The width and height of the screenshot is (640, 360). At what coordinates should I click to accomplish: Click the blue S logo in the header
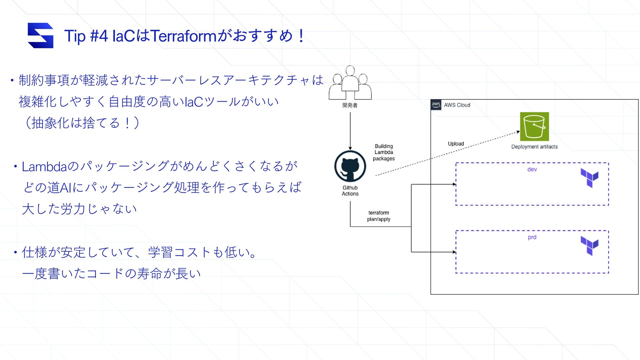(40, 35)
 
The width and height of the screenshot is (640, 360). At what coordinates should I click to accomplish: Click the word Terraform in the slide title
(183, 36)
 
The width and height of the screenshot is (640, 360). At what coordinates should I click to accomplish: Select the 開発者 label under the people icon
(350, 105)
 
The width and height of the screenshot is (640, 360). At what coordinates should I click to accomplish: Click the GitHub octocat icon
(350, 166)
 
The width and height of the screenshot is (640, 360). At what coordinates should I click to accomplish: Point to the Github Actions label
(350, 191)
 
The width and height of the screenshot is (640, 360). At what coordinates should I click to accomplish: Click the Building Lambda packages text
(384, 152)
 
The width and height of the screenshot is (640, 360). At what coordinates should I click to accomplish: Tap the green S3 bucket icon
(534, 127)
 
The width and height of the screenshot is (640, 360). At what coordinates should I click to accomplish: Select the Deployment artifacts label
(534, 147)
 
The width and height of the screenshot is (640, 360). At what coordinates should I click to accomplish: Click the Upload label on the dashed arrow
(456, 144)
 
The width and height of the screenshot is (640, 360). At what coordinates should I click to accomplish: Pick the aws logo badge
(436, 105)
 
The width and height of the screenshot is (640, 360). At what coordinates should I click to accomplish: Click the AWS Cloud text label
(457, 105)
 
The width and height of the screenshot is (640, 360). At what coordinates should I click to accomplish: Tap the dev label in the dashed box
(532, 169)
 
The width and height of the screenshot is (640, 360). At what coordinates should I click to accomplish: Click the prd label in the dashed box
(532, 237)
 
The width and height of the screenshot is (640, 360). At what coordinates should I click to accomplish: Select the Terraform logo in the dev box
(589, 178)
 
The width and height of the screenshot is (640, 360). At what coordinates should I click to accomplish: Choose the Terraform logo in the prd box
(589, 246)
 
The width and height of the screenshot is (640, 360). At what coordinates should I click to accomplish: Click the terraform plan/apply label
(379, 216)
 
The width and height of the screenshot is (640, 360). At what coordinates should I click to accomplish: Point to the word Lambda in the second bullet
(44, 167)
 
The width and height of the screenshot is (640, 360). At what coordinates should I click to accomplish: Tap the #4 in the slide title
(99, 36)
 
